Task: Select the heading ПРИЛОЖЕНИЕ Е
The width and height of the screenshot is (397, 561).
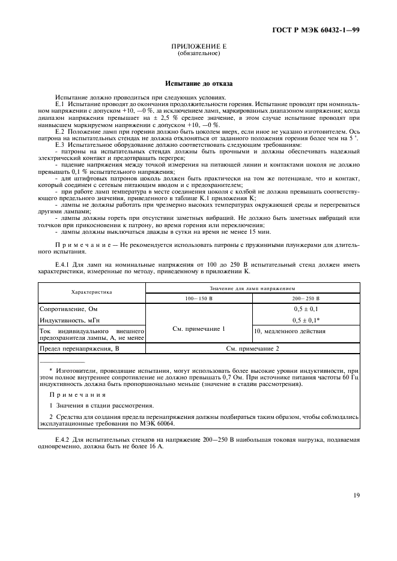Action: (199, 46)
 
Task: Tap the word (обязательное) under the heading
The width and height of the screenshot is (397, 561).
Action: (199, 53)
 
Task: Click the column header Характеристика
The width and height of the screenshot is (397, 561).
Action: (92, 292)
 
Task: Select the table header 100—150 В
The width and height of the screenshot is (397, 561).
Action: (199, 297)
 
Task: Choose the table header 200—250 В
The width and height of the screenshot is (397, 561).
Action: (306, 297)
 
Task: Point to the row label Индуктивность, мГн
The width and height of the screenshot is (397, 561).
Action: (66, 320)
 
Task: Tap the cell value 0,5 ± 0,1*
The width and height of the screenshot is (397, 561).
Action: (306, 320)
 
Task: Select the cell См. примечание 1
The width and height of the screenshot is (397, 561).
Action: (199, 328)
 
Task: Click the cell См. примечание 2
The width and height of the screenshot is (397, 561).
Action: (252, 348)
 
